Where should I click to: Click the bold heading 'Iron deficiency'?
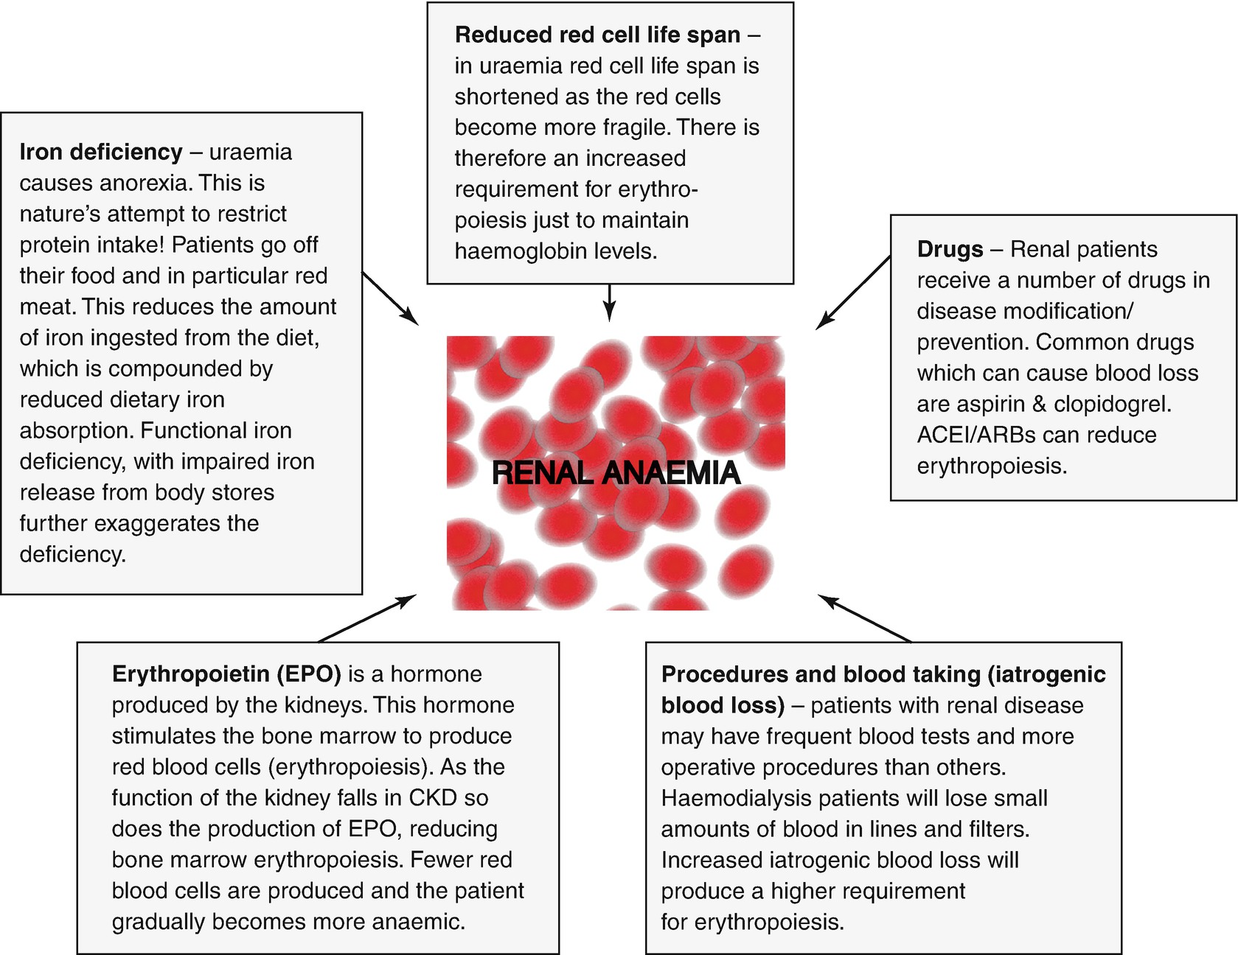[x=101, y=152]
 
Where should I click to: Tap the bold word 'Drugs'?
[x=950, y=249]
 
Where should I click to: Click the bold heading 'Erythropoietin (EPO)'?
[x=226, y=674]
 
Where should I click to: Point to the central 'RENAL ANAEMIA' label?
[x=616, y=473]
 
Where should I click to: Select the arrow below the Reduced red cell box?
[x=609, y=302]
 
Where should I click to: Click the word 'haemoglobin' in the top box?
[x=529, y=251]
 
